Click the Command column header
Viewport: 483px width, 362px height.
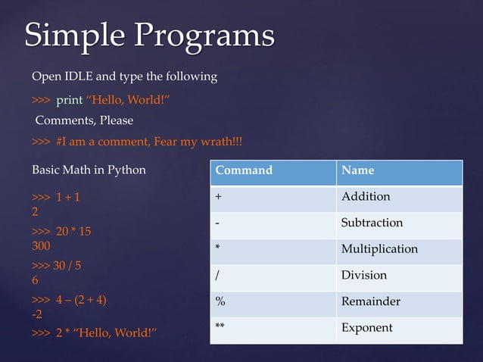pyautogui.click(x=244, y=170)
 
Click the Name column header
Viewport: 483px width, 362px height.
pyautogui.click(x=357, y=170)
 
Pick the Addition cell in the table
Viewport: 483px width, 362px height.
pyautogui.click(x=366, y=197)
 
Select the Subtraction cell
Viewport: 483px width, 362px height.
pyautogui.click(x=372, y=223)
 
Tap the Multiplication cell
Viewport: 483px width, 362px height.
pyautogui.click(x=379, y=249)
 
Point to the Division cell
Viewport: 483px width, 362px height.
pyautogui.click(x=363, y=275)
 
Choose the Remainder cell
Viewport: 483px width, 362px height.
pyautogui.click(x=370, y=301)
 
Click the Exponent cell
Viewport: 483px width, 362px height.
pyautogui.click(x=366, y=328)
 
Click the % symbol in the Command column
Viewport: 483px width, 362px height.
pyautogui.click(x=220, y=301)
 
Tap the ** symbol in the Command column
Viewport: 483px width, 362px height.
pyautogui.click(x=220, y=328)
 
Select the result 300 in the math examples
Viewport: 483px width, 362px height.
pyautogui.click(x=41, y=246)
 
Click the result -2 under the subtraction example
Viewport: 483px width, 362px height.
pyautogui.click(x=36, y=314)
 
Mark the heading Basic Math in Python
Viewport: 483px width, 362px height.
pyautogui.click(x=89, y=170)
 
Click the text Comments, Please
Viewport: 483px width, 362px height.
pyautogui.click(x=84, y=120)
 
